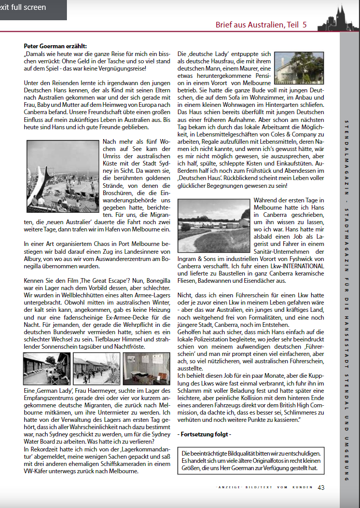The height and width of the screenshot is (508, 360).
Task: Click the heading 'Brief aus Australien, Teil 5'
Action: click(x=261, y=24)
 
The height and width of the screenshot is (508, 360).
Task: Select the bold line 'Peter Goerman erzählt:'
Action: click(x=56, y=46)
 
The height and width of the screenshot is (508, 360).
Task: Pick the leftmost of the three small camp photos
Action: click(x=47, y=369)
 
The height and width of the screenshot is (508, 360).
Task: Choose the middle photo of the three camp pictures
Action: click(x=96, y=369)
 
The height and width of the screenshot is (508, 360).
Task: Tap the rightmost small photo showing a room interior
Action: click(x=146, y=369)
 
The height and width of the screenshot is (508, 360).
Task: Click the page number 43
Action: click(x=321, y=487)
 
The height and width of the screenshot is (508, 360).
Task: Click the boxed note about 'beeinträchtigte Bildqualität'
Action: click(x=251, y=460)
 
